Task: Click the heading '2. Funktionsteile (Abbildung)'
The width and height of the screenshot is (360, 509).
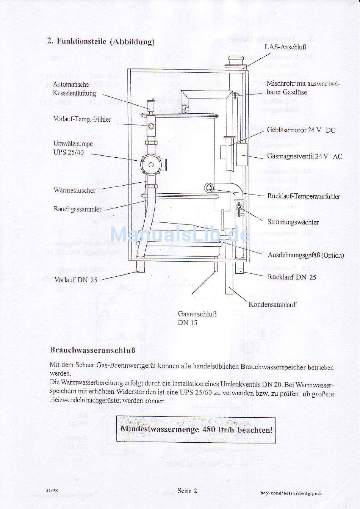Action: (x=101, y=41)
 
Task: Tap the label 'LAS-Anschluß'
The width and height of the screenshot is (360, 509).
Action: (x=285, y=47)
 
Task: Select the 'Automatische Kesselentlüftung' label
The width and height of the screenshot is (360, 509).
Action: (x=74, y=89)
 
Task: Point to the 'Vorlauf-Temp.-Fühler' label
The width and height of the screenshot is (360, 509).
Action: (x=82, y=119)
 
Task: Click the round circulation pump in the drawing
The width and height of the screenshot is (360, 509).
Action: (x=151, y=164)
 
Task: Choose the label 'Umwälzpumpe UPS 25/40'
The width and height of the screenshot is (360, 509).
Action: (x=73, y=148)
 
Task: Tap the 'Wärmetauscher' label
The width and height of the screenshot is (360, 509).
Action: (x=74, y=190)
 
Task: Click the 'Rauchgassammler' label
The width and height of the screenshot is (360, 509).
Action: (x=78, y=209)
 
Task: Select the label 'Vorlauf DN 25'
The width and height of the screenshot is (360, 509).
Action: (x=76, y=280)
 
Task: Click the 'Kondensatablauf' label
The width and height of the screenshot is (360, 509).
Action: (x=272, y=304)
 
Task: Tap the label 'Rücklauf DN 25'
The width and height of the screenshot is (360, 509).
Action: (x=291, y=277)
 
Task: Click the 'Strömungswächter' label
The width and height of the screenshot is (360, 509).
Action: (x=293, y=222)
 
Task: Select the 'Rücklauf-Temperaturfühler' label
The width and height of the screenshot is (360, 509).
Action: (x=303, y=196)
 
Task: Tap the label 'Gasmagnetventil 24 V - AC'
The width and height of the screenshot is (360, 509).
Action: (x=304, y=156)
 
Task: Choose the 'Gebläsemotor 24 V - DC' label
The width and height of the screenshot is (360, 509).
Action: (x=301, y=130)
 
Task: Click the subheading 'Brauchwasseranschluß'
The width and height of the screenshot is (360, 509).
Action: (x=92, y=350)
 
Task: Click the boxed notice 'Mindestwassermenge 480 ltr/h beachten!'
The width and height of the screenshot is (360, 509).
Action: (x=196, y=430)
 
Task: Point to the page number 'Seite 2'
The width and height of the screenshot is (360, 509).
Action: (x=187, y=490)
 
